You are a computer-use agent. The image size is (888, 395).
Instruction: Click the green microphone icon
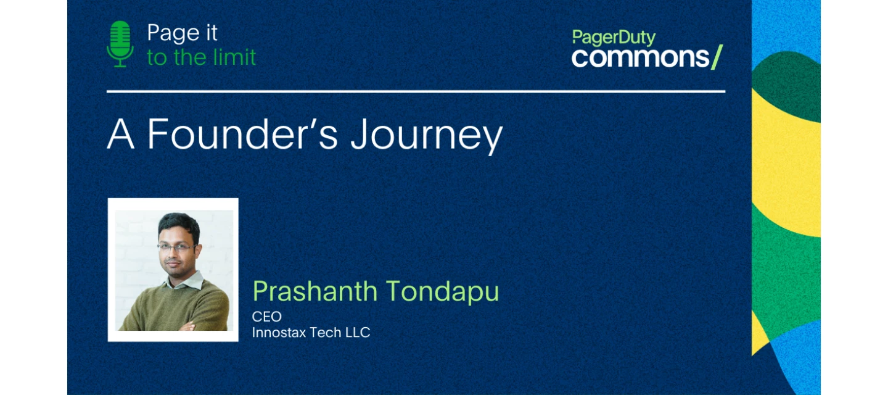click(x=120, y=44)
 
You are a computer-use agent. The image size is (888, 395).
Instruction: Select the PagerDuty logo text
click(x=614, y=38)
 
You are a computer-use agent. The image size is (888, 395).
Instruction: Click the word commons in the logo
click(x=640, y=58)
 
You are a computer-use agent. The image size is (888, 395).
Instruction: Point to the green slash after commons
click(x=717, y=57)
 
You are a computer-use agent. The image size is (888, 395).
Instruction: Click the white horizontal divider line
click(x=416, y=91)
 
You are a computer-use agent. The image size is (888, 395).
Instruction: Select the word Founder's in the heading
click(x=242, y=133)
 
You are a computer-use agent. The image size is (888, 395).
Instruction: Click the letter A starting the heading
click(x=120, y=134)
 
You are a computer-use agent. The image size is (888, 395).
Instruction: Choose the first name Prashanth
click(x=314, y=291)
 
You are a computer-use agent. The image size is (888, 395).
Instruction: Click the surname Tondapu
click(x=442, y=291)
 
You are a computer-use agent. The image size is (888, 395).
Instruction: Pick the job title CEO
click(x=267, y=317)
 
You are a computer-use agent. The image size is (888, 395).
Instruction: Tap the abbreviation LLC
click(x=358, y=332)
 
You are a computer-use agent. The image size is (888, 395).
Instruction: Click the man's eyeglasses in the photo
click(x=177, y=247)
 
